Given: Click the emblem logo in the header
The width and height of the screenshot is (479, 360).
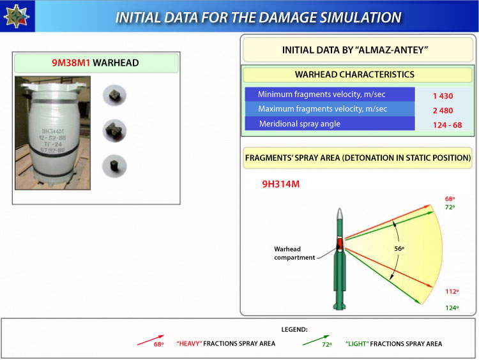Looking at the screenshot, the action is [17, 16].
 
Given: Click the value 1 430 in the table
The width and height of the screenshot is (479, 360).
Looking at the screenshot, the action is [443, 96].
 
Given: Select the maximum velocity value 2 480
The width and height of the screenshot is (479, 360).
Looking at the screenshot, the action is [443, 110].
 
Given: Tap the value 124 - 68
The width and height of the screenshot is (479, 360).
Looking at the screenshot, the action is [447, 125].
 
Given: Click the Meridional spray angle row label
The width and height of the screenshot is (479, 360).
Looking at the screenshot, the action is [300, 124].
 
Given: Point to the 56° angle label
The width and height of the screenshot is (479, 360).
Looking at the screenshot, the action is [399, 248].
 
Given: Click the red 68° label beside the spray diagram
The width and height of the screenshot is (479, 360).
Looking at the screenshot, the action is [450, 199].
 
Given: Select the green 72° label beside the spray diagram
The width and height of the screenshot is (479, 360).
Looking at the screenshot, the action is [450, 207].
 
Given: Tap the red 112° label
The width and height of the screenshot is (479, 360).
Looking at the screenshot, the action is [452, 291].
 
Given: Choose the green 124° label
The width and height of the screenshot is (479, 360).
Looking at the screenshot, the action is [452, 308].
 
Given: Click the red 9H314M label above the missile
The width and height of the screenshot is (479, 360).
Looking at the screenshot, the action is [281, 184].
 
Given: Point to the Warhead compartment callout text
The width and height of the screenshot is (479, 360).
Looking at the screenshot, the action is [294, 253].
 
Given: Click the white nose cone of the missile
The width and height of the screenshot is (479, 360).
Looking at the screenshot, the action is [339, 213].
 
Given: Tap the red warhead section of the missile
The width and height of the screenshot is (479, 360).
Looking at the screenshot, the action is [340, 243].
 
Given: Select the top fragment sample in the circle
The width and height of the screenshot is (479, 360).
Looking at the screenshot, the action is [114, 95].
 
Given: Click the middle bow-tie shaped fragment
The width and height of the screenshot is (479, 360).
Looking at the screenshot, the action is [114, 131].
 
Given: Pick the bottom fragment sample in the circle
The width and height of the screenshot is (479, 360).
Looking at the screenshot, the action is [114, 166].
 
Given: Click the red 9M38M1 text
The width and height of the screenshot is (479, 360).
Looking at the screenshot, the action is [71, 63].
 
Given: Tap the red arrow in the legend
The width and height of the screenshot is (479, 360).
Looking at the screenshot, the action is [151, 340].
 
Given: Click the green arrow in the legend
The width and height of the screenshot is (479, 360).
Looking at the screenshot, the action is [316, 340].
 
